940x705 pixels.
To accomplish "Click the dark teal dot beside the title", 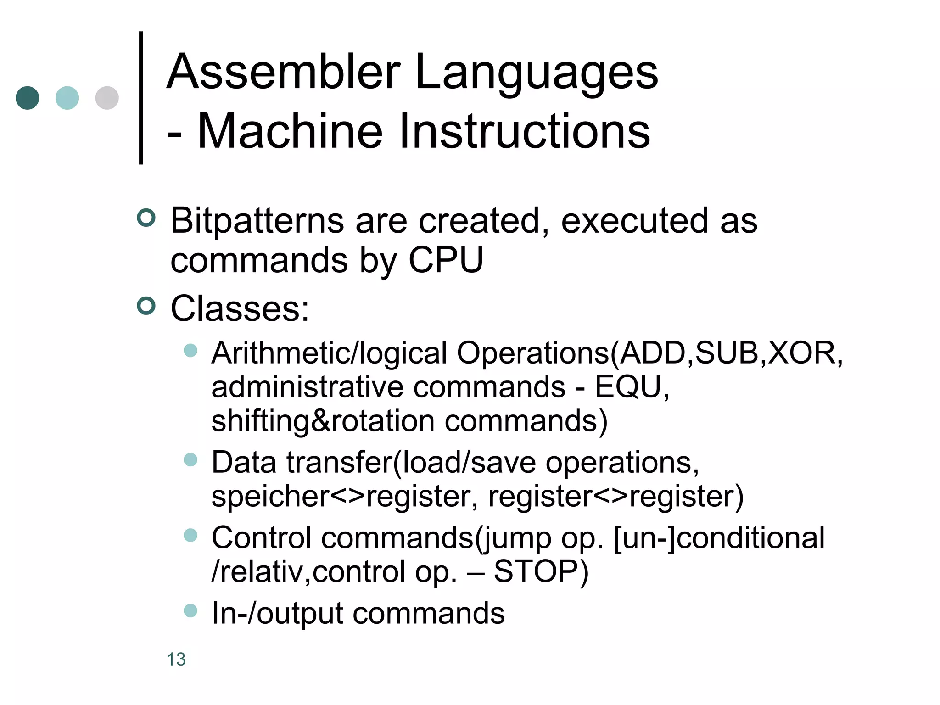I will [x=28, y=98].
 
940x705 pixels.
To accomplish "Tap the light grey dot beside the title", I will [x=107, y=98].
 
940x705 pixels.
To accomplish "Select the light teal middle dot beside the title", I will [x=67, y=98].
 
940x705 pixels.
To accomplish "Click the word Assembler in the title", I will [x=283, y=72].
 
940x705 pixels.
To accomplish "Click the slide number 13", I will [x=176, y=660].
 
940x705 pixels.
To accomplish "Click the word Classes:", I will [x=240, y=308].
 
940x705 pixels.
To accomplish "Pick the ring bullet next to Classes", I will [x=146, y=306].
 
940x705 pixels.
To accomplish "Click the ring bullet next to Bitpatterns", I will [x=146, y=218].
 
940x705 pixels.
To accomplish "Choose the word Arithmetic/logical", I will [x=329, y=353].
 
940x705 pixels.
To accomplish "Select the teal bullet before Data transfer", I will [x=190, y=459].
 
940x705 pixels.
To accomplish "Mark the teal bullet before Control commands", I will [x=190, y=535].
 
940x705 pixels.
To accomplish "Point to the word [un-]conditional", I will [x=719, y=538].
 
